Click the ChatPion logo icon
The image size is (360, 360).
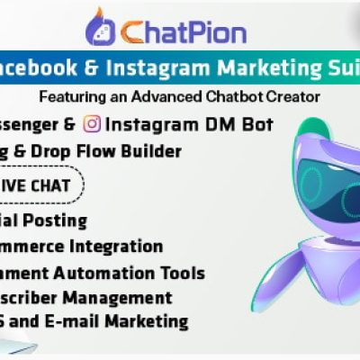(x=102, y=27)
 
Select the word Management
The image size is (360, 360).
(x=120, y=296)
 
